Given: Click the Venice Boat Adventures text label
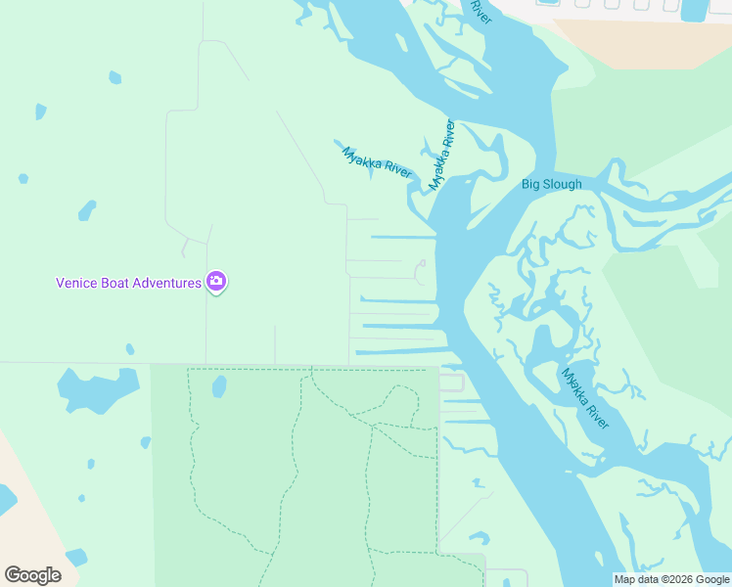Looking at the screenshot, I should pos(127,283).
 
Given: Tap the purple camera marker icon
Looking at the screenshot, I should pos(216,283).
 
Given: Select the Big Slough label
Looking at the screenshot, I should pos(551,184).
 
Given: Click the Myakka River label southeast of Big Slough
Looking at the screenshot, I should pos(585,398).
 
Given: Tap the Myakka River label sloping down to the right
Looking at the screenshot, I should pos(377,162).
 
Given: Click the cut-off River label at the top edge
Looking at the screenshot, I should pos(479,11).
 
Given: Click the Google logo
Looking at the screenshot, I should pos(32,574).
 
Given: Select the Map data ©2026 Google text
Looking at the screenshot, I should pos(671,579).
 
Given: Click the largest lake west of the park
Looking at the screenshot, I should pos(98,387).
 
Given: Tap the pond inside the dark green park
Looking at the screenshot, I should pos(219,386).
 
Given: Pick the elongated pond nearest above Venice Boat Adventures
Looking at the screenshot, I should pos(87,209).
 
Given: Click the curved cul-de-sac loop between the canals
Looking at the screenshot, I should pos(420,271).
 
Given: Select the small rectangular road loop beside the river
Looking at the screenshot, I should pos(451,383).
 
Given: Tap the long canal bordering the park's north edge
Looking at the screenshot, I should pos(401,352).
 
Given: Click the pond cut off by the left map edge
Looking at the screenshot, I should pos(5,499).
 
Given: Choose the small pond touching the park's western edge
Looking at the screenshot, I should pos(146,442).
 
